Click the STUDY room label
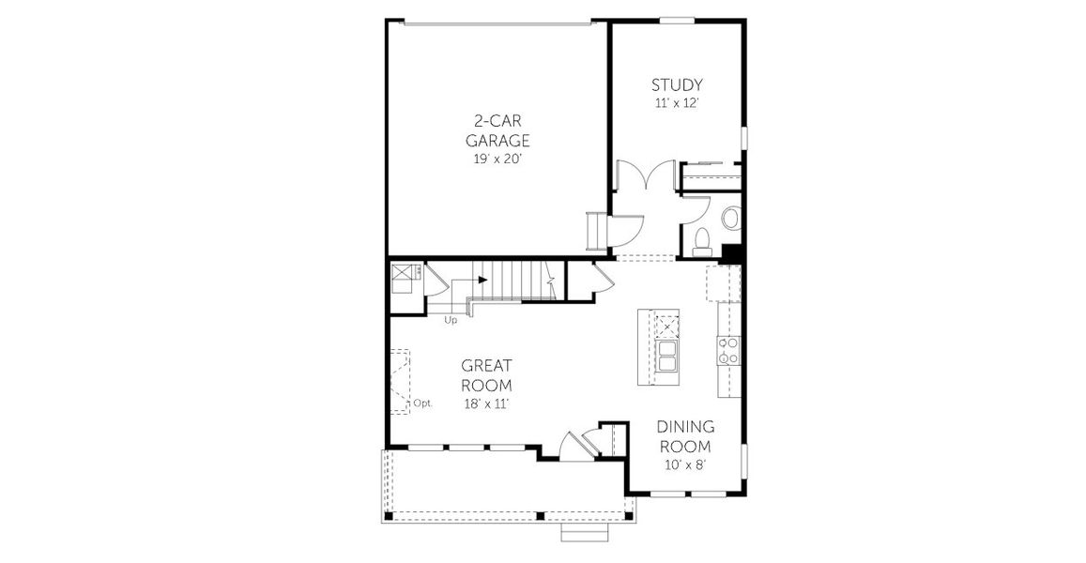pos(677,85)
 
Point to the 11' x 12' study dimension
pos(677,103)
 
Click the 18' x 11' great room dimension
pos(486,403)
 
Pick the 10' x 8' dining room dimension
pos(684,464)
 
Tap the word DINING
pos(684,427)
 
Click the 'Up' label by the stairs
pos(451,320)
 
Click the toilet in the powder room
pos(699,240)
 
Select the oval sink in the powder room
pos(730,219)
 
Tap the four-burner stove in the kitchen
pos(727,350)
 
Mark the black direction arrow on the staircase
pos(482,279)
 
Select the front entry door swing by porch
pos(569,445)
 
